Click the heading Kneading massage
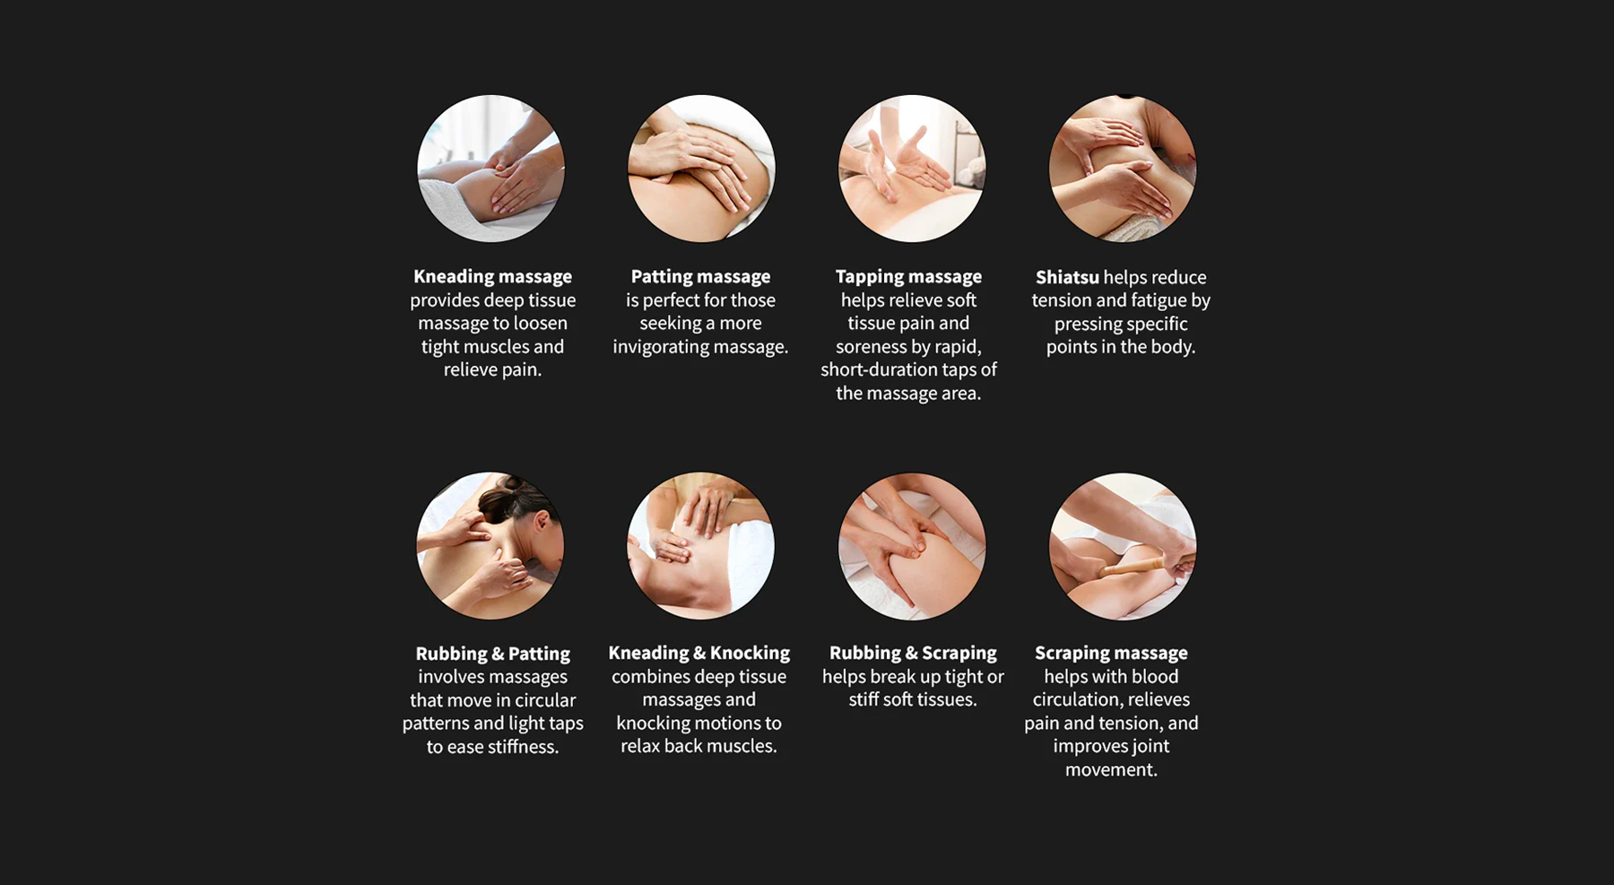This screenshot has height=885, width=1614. click(492, 276)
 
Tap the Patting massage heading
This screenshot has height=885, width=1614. click(700, 276)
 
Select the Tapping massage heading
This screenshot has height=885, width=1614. click(908, 276)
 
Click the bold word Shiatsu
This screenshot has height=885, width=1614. click(1067, 277)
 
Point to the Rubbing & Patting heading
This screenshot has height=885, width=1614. click(492, 654)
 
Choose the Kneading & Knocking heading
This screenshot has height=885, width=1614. click(699, 653)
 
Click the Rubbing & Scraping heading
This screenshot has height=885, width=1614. click(913, 653)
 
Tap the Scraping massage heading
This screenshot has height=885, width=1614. click(1111, 653)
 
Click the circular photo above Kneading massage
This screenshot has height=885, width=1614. click(490, 169)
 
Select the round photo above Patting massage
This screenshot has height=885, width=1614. click(701, 169)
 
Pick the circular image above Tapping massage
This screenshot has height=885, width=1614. click(912, 169)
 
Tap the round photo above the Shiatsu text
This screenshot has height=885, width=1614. click(1123, 169)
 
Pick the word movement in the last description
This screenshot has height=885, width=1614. click(1111, 769)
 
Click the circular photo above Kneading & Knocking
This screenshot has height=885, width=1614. click(700, 546)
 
